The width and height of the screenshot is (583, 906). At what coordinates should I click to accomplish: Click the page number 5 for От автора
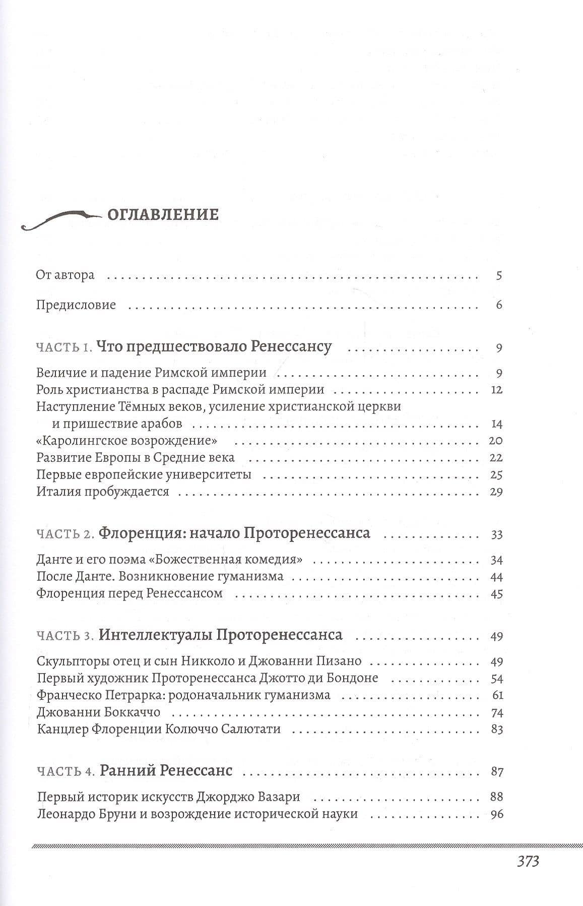[x=499, y=275]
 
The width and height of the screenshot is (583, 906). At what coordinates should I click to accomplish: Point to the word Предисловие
[x=76, y=305]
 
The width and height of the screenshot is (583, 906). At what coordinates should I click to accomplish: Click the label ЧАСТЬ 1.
[x=64, y=347]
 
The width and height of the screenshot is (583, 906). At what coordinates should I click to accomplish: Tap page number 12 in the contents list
[x=496, y=390]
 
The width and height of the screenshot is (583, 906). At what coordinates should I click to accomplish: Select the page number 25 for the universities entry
[x=496, y=475]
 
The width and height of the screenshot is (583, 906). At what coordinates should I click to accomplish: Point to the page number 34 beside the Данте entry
[x=496, y=560]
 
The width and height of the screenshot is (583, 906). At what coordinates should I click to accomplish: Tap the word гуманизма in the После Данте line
[x=254, y=576]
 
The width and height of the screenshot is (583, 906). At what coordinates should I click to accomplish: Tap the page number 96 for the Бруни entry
[x=496, y=814]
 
